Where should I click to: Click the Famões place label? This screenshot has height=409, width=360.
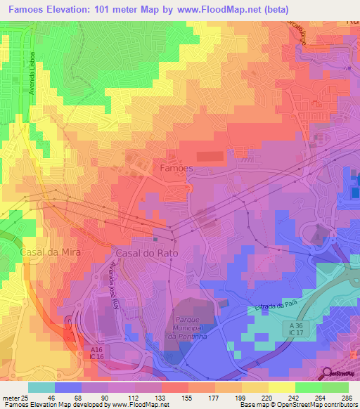tap(176, 169)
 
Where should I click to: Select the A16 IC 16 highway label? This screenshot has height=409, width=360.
tap(97, 352)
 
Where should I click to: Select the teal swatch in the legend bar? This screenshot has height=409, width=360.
tap(41, 387)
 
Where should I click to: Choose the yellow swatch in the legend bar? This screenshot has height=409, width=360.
tap(282, 387)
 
